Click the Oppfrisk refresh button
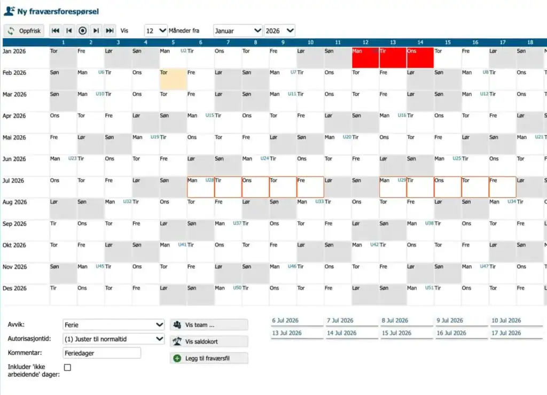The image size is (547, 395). point(24,30)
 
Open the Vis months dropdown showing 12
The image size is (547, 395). point(155,30)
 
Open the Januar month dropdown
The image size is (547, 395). point(238,30)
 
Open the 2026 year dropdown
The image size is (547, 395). point(279,30)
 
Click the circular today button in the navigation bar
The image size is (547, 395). point(82,30)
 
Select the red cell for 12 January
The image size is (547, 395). point(365,58)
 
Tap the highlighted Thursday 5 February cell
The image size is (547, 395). point(173,79)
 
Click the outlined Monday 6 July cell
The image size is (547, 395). point(201,187)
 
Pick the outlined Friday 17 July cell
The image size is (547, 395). point(502,187)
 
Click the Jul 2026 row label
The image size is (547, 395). point(13,181)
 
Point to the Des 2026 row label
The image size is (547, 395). point(14,288)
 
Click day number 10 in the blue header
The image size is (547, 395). point(310,42)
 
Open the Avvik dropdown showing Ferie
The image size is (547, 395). point(113,325)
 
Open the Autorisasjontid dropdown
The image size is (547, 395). point(113,339)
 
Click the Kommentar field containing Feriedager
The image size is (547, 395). point(102,353)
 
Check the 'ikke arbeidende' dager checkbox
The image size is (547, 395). point(68,367)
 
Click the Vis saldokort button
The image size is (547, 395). point(209,341)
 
